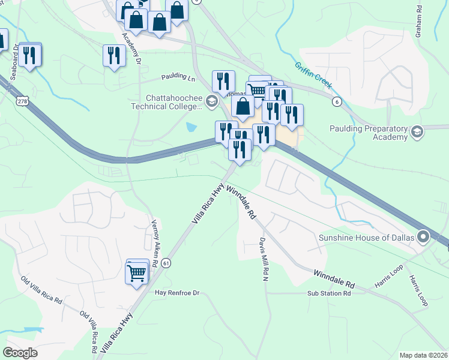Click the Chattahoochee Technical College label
[x=173, y=102]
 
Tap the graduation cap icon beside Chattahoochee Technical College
[x=211, y=101]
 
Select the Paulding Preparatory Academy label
[x=369, y=133]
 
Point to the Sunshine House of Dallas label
[x=367, y=238]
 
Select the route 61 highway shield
[x=166, y=262]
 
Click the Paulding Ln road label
[x=178, y=78]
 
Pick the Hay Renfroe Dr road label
[x=176, y=293]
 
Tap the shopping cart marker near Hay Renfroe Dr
[x=137, y=273]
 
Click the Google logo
[x=20, y=353]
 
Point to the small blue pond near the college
[x=191, y=127]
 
